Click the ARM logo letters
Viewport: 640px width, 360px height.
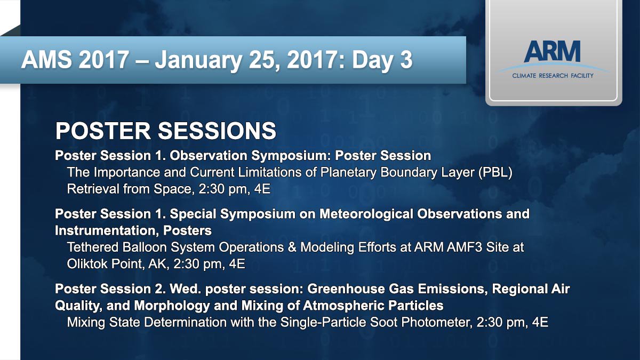552,51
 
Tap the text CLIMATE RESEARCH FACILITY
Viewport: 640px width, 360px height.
553,76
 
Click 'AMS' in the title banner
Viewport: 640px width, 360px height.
46,59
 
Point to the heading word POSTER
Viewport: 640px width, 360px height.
103,131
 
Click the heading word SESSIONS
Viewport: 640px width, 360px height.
217,131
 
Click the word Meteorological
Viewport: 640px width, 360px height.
366,214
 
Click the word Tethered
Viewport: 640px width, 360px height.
93,247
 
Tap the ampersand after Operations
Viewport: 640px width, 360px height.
292,247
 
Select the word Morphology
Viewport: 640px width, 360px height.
172,306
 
